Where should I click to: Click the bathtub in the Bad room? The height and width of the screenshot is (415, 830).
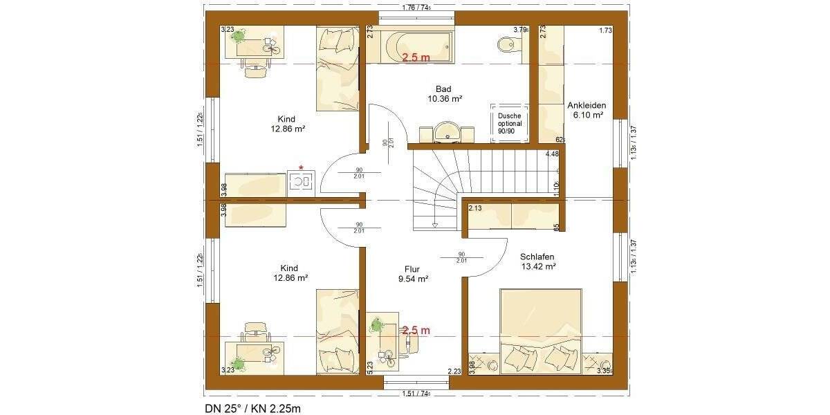tap(409, 46)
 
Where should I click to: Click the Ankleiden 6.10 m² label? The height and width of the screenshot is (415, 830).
tap(586, 111)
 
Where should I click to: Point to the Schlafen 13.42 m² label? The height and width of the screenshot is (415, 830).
tap(538, 261)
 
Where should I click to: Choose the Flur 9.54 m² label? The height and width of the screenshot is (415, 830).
tap(413, 275)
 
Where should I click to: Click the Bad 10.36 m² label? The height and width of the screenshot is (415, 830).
tap(444, 94)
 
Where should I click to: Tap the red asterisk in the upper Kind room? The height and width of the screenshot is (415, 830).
tap(300, 167)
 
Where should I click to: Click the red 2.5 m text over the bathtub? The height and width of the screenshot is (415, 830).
tap(416, 57)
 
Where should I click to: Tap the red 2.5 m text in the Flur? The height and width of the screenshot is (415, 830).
tap(416, 331)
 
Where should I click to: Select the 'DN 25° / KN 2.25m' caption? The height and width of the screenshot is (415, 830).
tap(253, 409)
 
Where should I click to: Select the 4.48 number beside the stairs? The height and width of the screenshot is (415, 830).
tap(552, 154)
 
